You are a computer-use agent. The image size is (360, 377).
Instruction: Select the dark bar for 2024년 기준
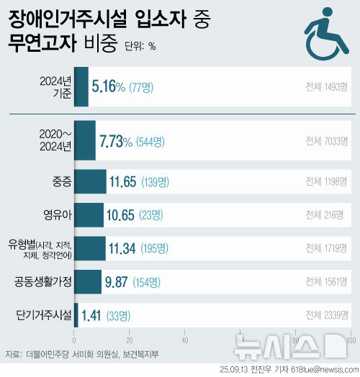[x=81, y=87]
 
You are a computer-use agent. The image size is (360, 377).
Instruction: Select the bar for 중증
[x=90, y=181]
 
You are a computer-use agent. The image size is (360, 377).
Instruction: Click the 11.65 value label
[x=123, y=181]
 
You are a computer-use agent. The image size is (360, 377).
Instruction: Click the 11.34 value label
[x=122, y=248]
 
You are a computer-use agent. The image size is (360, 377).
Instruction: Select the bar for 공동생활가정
[x=87, y=282]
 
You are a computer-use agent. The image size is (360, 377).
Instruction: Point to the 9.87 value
[x=120, y=282]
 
